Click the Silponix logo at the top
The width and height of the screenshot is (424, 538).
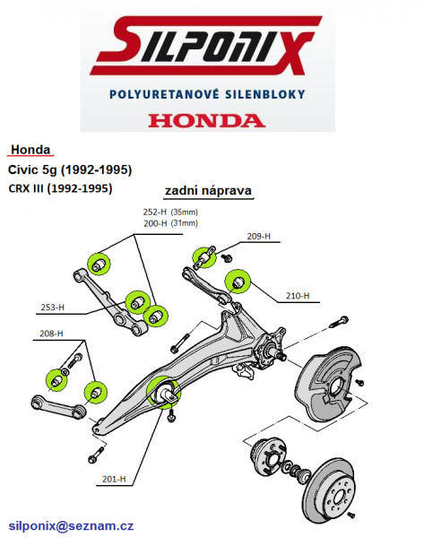[x=206, y=46]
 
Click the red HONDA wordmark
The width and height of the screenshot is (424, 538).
[x=207, y=120]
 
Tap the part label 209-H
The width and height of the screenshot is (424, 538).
[x=259, y=236]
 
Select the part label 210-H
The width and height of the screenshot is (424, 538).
[x=298, y=295]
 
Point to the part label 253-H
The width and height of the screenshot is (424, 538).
[x=53, y=307]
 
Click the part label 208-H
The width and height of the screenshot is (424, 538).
[x=51, y=334]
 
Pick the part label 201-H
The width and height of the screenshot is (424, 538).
[x=114, y=479]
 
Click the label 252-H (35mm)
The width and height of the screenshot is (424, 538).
[x=170, y=212]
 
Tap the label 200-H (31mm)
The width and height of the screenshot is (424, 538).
[x=170, y=223]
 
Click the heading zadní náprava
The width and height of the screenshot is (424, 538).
[x=208, y=190]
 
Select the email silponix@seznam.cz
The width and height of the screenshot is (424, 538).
[x=71, y=525]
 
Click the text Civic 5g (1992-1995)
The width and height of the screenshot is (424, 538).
[x=70, y=169]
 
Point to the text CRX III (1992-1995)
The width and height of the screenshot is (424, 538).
[x=60, y=188]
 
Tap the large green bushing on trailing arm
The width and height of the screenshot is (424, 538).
[x=163, y=392]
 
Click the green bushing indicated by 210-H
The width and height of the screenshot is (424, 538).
[x=238, y=282]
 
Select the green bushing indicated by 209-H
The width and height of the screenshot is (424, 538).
[x=203, y=257]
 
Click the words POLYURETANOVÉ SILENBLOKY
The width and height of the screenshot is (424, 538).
[x=207, y=94]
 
